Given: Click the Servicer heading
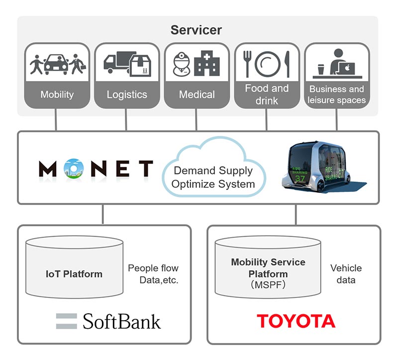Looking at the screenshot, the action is click(196, 30).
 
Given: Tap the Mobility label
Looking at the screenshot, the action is click(57, 94).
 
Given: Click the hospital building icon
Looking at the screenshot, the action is click(207, 63).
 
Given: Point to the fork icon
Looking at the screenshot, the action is click(247, 64).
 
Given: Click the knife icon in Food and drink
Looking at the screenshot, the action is click(287, 64).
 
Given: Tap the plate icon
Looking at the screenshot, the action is click(268, 64).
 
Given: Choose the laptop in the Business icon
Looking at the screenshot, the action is click(347, 68).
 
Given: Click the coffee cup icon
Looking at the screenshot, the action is click(321, 69).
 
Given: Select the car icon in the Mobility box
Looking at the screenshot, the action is click(56, 64).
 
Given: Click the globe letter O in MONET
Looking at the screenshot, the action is click(74, 168).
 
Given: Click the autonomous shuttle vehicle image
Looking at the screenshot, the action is click(322, 168).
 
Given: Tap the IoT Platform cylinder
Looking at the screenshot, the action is click(74, 267).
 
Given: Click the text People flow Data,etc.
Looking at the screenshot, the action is click(153, 274).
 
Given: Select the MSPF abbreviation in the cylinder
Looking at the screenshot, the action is click(268, 285).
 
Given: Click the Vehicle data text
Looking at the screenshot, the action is click(346, 274).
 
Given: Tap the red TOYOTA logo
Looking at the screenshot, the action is click(296, 321).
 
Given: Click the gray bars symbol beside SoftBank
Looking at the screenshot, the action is click(67, 321).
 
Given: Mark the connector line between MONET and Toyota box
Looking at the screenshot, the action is click(296, 215).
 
